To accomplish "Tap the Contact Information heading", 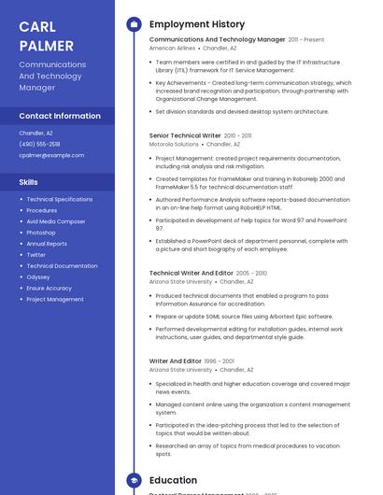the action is pyautogui.click(x=60, y=116).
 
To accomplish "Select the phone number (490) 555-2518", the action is pyautogui.click(x=39, y=144).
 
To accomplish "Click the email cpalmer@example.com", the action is pyautogui.click(x=51, y=155).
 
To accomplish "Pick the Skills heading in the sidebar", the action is pyautogui.click(x=29, y=182).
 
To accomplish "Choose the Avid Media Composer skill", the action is pyautogui.click(x=56, y=221).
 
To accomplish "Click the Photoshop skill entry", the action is pyautogui.click(x=41, y=233).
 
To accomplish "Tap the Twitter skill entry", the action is pyautogui.click(x=36, y=255).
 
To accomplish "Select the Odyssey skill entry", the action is pyautogui.click(x=38, y=276).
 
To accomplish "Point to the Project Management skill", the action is pyautogui.click(x=55, y=299).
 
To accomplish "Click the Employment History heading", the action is pyautogui.click(x=197, y=24).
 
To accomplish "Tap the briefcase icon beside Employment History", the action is pyautogui.click(x=134, y=24).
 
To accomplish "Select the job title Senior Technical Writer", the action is pyautogui.click(x=185, y=135).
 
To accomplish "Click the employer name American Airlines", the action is pyautogui.click(x=172, y=48).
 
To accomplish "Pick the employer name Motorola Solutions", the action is pyautogui.click(x=174, y=145).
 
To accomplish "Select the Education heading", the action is pyautogui.click(x=174, y=480).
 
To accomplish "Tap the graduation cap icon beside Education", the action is pyautogui.click(x=134, y=480).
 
